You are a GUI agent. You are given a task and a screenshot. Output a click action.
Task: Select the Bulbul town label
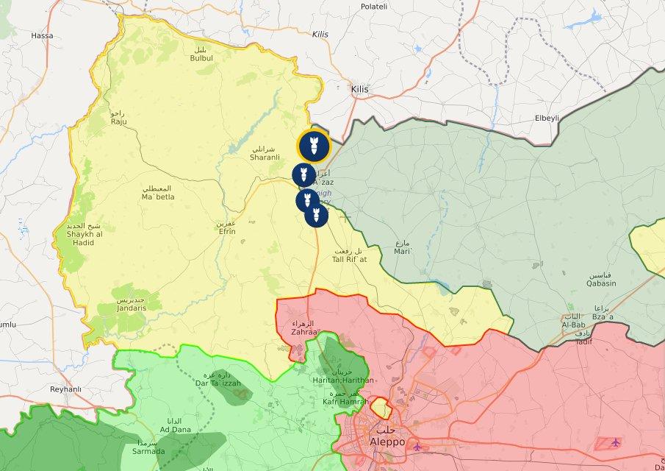(201, 57)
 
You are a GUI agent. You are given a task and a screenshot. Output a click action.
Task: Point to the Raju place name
(118, 121)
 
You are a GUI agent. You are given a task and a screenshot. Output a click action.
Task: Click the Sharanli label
(265, 157)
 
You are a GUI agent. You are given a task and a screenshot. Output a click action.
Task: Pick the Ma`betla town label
(158, 197)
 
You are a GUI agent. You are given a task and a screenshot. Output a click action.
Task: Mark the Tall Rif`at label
(349, 259)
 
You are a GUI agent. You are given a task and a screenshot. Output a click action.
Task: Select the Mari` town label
(402, 251)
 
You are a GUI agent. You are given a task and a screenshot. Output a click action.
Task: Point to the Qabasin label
(601, 283)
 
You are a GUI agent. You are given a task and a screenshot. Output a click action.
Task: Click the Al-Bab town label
(573, 325)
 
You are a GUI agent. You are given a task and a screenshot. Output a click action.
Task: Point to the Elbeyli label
(547, 118)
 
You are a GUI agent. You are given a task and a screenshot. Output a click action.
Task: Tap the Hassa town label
(43, 35)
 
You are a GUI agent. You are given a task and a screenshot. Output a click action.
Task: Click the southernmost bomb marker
(316, 215)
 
